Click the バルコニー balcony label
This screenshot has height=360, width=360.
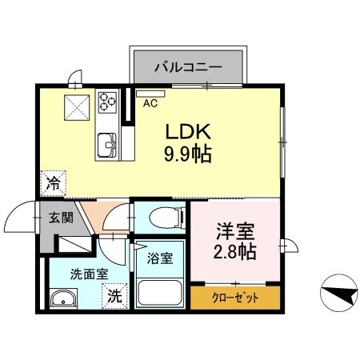[x=188, y=65]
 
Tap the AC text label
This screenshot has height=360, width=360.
[x=150, y=102]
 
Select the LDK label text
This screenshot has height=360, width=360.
[x=188, y=130]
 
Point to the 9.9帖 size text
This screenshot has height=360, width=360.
[x=188, y=154]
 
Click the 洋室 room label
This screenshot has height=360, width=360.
[x=235, y=232]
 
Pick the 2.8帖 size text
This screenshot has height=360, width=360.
[x=235, y=253]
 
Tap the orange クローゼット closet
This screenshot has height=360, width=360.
[x=235, y=298]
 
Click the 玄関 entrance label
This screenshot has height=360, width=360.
[x=60, y=216]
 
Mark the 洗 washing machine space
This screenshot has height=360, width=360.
[x=116, y=295]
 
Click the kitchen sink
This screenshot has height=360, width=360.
[x=107, y=146]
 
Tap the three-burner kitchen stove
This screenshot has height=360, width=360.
[x=107, y=101]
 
